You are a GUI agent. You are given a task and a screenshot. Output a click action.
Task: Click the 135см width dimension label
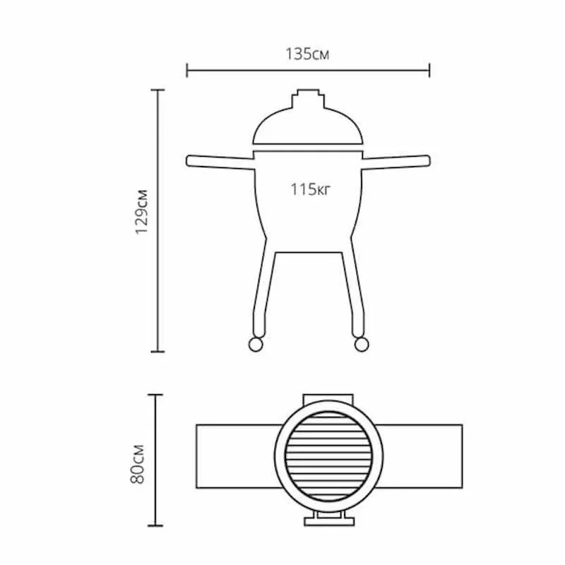pos(307,54)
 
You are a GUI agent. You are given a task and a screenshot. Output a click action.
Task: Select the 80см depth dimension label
pos(137,464)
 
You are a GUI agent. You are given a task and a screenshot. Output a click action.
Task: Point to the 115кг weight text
pos(310,189)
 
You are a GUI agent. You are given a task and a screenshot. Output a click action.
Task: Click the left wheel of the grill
pos(256,344)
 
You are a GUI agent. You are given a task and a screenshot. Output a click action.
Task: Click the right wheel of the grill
pos(362,344)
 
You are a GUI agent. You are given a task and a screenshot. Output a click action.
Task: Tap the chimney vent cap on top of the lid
pos(308,99)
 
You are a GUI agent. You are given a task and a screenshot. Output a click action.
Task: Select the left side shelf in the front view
pos(220,162)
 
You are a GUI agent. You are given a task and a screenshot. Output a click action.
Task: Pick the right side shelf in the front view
pos(396,162)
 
